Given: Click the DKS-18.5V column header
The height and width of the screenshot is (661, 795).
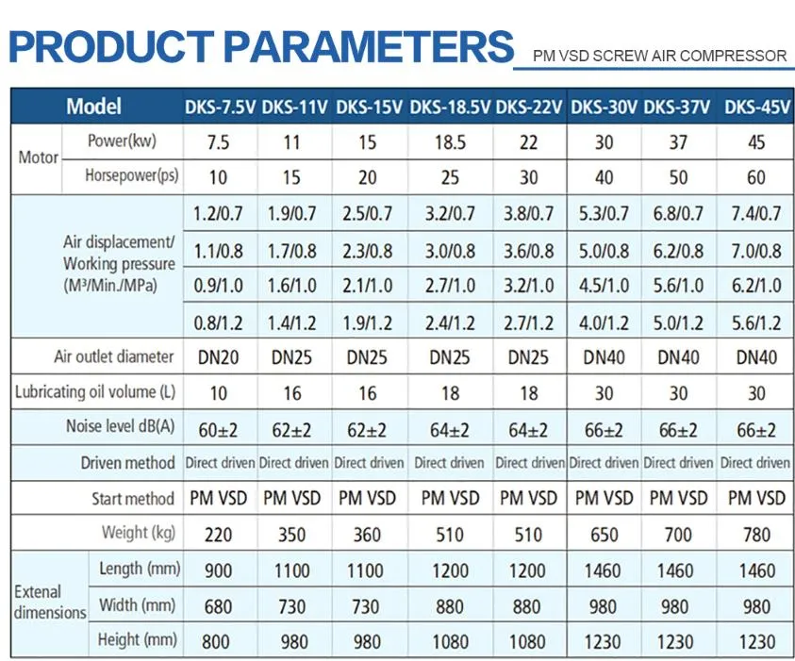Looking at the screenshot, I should [x=450, y=107].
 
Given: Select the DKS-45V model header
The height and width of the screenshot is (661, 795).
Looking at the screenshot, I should [x=756, y=107].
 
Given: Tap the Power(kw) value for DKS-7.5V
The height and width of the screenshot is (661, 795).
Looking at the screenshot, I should [x=217, y=143].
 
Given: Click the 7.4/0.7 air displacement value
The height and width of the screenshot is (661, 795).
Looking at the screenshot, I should [x=756, y=214].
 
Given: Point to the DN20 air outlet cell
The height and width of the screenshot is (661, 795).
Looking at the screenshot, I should [x=217, y=357].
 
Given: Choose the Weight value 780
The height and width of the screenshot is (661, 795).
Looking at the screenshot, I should [x=756, y=535].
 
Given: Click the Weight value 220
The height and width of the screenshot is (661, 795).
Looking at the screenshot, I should [x=217, y=535].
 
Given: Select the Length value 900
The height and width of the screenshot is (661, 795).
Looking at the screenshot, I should [x=217, y=570].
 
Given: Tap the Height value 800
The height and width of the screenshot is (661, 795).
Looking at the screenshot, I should [x=217, y=642].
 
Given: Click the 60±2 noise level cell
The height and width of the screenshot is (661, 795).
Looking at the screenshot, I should [x=217, y=430].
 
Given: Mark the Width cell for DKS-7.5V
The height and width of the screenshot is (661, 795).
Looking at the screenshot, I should [x=217, y=606].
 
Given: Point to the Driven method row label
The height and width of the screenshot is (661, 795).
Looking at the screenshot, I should [x=127, y=463].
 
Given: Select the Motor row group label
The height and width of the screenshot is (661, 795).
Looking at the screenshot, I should [x=38, y=157].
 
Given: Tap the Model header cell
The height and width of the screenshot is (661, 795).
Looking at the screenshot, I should [x=93, y=107].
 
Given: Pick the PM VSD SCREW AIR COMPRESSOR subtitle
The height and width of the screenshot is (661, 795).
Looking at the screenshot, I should [x=659, y=56].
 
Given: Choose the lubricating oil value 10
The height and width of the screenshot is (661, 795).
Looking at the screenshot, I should [x=217, y=393].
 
